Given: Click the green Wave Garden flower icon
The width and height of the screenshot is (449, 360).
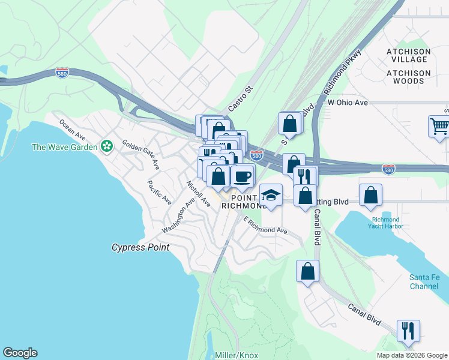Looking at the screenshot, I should [x=107, y=146].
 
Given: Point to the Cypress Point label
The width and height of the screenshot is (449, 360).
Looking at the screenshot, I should [x=140, y=247].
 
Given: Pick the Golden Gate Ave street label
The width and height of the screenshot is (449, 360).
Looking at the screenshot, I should [x=141, y=154].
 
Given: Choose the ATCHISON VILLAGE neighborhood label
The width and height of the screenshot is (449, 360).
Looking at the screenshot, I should [x=408, y=55].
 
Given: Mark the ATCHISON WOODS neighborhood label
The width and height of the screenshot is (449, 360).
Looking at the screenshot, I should [x=408, y=77].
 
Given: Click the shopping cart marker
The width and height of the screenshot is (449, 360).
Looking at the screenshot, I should [x=439, y=127].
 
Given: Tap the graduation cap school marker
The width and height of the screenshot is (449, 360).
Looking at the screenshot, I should [x=271, y=195].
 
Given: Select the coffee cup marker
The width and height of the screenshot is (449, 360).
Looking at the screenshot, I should [x=243, y=176].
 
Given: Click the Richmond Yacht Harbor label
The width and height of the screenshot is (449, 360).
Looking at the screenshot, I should [x=384, y=223].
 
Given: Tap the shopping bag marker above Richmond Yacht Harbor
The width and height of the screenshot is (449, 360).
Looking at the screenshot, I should [x=371, y=194].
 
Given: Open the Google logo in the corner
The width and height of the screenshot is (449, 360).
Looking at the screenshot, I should [x=20, y=353].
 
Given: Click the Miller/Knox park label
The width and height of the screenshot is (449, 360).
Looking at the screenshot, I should [x=237, y=355].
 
